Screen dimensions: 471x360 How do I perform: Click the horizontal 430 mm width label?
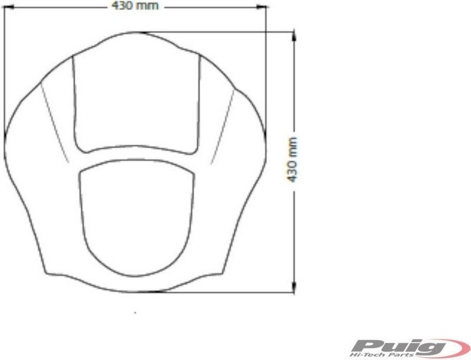(x=135, y=6)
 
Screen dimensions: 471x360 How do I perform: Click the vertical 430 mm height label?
(x=292, y=160)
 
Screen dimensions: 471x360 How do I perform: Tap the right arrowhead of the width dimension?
(x=263, y=6)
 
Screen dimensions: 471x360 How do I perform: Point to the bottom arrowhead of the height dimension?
(x=294, y=288)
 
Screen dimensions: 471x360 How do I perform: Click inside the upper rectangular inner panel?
(x=137, y=102)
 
